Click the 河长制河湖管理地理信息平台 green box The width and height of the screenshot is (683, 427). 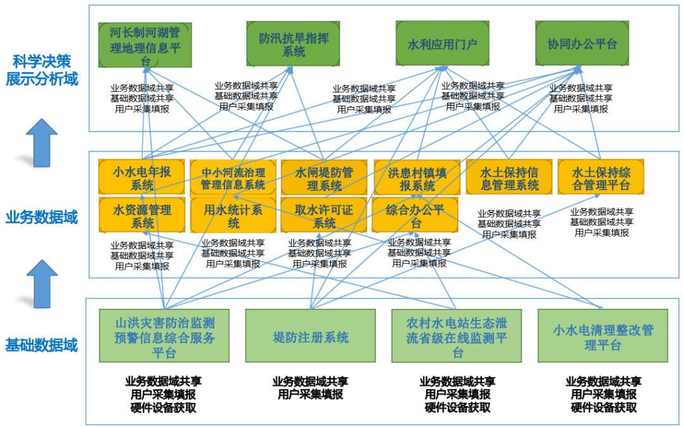coord(145,44)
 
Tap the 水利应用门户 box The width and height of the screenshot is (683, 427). coord(442,44)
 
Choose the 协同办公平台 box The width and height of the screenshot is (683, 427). coord(582,44)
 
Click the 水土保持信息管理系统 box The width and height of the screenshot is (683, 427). coord(508,178)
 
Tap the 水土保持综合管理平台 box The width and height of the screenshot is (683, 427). coord(601,178)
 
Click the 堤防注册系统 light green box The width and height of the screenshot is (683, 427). coord(311,336)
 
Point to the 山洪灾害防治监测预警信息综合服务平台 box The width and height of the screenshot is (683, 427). coord(164,336)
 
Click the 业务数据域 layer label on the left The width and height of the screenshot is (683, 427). coord(42,218)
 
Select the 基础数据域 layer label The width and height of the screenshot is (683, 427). coord(42,345)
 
